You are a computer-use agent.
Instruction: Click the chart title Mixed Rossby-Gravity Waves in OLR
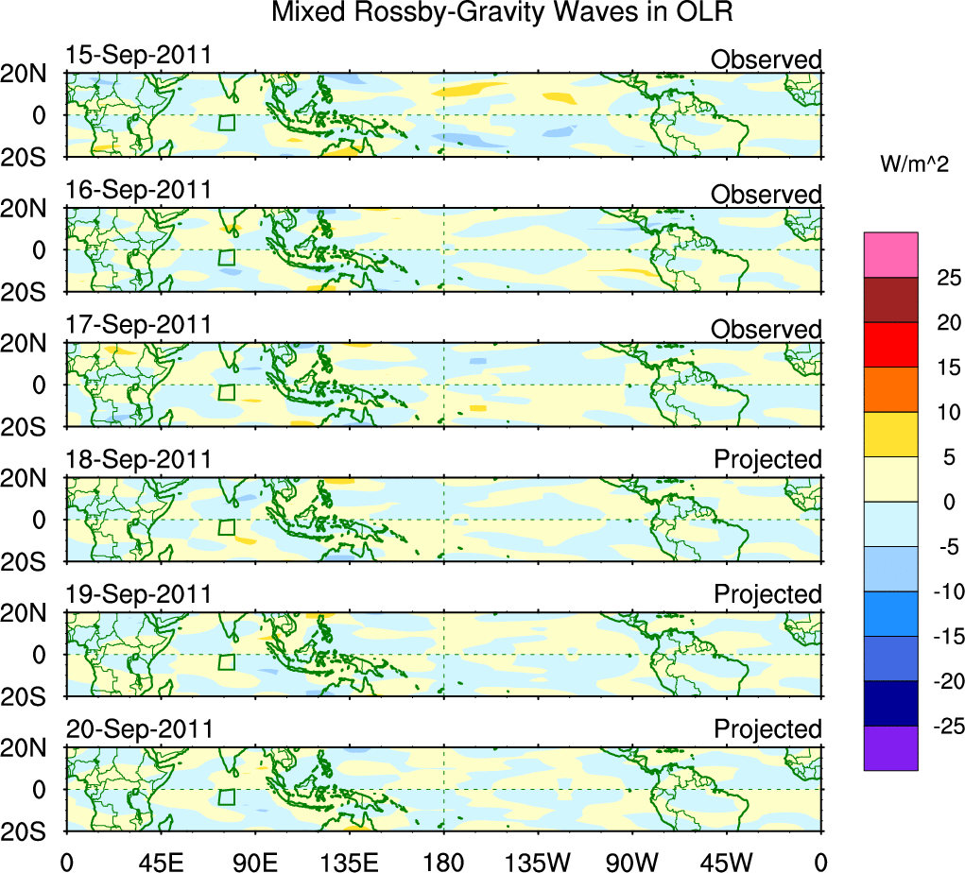503,13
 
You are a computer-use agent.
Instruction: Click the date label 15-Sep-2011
138,55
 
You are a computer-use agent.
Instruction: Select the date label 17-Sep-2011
138,324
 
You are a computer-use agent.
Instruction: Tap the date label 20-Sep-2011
138,729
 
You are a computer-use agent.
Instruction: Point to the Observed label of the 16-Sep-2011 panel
767,195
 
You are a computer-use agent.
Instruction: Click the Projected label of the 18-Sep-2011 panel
767,459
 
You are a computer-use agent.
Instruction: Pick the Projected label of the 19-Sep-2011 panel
767,594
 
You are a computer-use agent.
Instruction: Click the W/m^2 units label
914,164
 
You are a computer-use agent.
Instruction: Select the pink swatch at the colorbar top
890,254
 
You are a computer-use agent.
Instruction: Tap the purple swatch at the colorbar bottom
890,747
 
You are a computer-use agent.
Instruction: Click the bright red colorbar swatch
890,344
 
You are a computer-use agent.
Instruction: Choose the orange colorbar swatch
890,388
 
